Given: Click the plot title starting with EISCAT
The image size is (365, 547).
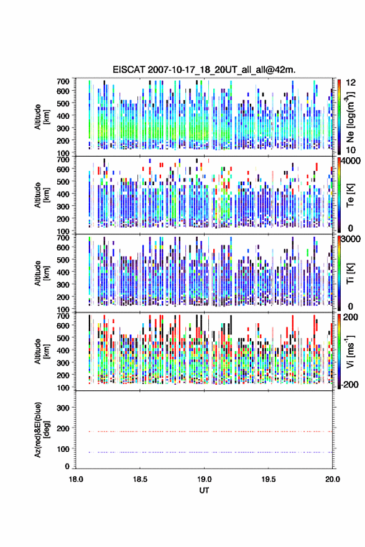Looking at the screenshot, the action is pyautogui.click(x=204, y=70).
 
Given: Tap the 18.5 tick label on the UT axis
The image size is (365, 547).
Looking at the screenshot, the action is pyautogui.click(x=140, y=479).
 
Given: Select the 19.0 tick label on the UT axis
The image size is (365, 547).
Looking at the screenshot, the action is pyautogui.click(x=204, y=479).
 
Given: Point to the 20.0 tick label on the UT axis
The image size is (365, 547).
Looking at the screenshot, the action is pyautogui.click(x=333, y=479).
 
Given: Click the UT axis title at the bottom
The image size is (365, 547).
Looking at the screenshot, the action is pyautogui.click(x=204, y=490).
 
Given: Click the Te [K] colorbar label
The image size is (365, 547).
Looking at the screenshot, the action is pyautogui.click(x=350, y=195).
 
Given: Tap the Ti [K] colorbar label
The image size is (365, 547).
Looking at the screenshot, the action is pyautogui.click(x=350, y=273).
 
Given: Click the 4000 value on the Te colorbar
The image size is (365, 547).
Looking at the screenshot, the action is pyautogui.click(x=351, y=161).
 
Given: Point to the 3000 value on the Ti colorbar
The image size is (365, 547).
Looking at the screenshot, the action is pyautogui.click(x=351, y=239).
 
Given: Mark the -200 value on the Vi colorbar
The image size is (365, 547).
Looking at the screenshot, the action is pyautogui.click(x=350, y=384).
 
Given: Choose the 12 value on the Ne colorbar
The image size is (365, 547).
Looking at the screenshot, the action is pyautogui.click(x=351, y=83).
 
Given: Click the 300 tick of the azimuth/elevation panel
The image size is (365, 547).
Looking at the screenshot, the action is pyautogui.click(x=63, y=408).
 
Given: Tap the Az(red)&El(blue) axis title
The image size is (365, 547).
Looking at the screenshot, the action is pyautogui.click(x=42, y=430).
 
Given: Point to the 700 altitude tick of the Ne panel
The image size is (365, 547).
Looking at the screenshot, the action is pyautogui.click(x=63, y=81).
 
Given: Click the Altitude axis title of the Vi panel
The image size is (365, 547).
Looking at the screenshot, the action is pyautogui.click(x=42, y=351).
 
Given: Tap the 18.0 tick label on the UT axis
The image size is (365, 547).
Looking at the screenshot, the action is pyautogui.click(x=76, y=479).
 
